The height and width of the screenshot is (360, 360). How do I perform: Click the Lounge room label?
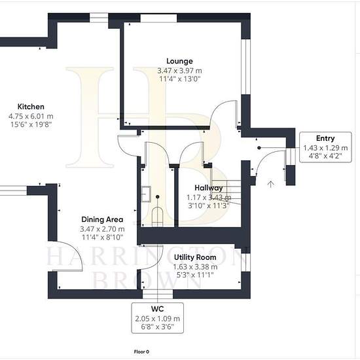coord(179,62)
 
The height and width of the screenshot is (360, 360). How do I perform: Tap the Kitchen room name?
coord(31,107)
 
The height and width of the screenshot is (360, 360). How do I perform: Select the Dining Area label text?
coord(102,219)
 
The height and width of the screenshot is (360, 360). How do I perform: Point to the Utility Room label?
coord(195,257)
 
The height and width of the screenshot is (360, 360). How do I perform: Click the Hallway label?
coord(208,188)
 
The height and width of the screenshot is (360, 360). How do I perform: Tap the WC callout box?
coord(158,318)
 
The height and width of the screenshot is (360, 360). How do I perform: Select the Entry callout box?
coord(325,147)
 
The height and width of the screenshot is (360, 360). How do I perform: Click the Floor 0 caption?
coord(141,351)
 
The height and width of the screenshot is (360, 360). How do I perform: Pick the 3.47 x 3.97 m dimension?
coord(179,71)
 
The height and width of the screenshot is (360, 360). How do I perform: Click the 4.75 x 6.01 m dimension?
coord(31,116)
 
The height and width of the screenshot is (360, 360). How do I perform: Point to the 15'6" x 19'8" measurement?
coord(31,124)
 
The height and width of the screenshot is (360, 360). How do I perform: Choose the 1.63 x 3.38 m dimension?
coord(195,267)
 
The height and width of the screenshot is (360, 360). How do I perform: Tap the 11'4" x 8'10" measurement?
coord(102,238)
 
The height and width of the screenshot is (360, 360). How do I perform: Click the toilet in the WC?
coord(158,217)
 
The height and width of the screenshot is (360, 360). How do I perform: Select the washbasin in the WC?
coord(146,194)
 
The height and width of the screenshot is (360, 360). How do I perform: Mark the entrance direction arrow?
coord(271,184)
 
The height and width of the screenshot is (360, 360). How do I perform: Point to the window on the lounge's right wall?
coord(245,67)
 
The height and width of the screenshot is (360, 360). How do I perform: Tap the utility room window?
coord(245,262)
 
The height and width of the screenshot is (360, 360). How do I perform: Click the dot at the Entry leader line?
coord(259,148)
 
